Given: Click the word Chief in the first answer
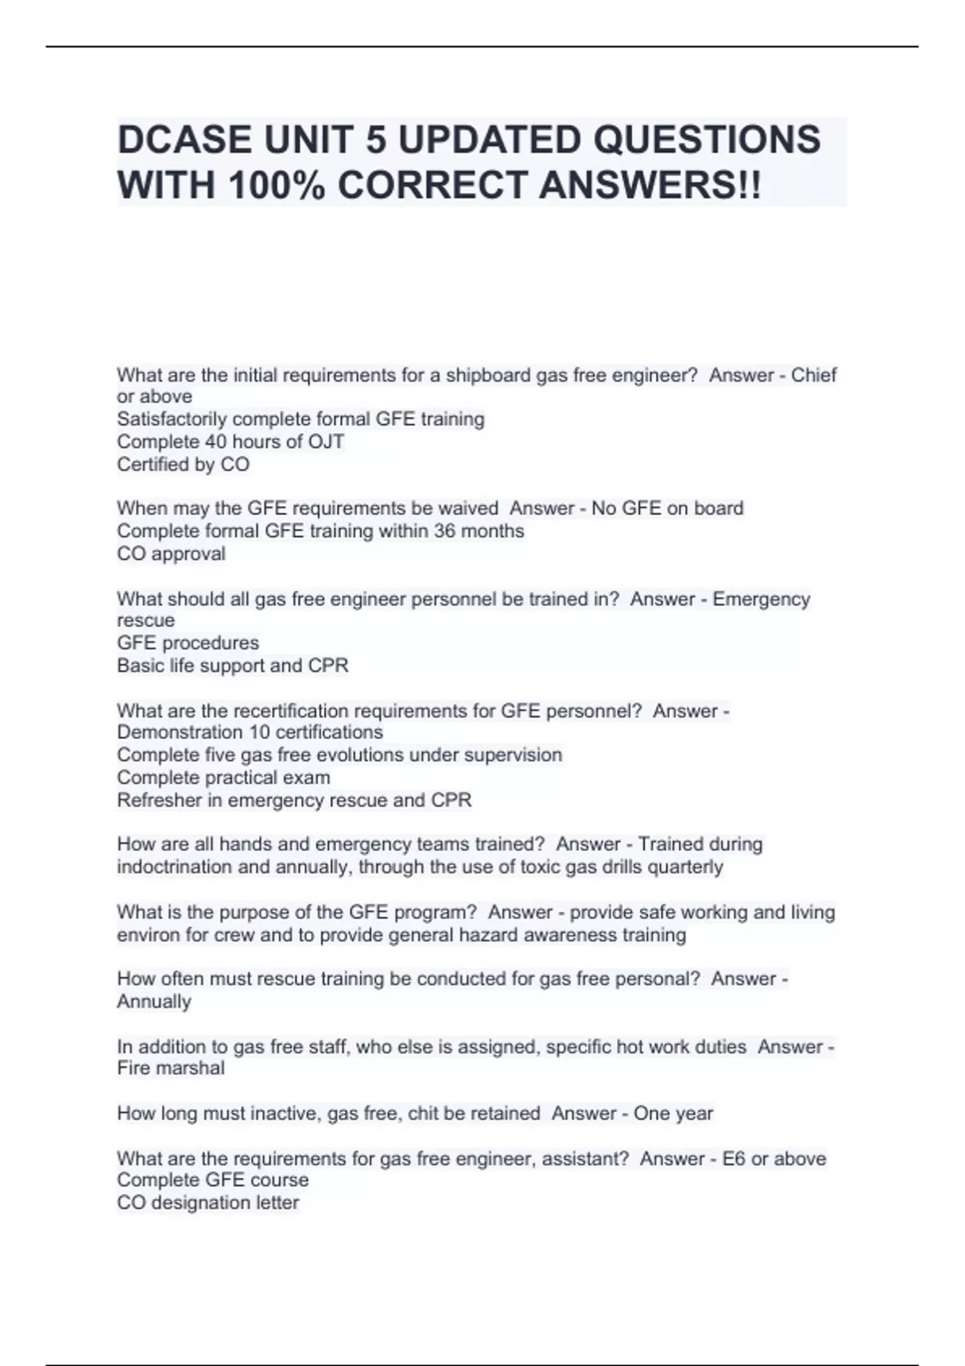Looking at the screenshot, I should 814,375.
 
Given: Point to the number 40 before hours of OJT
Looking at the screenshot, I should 216,441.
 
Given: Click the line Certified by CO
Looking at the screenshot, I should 183,464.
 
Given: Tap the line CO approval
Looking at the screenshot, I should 171,554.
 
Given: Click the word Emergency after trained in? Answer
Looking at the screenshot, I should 762,599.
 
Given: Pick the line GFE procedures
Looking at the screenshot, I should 188,643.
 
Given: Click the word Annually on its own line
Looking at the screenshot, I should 154,1001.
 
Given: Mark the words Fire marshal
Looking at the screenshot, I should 171,1068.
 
